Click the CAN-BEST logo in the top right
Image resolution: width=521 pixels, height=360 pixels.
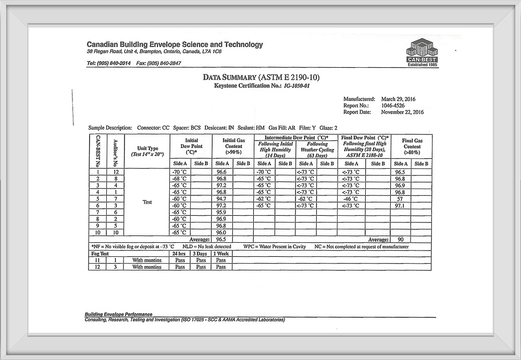point(422,52)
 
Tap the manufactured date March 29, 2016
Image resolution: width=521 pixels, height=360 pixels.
point(399,99)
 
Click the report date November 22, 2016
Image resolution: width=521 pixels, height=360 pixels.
point(402,112)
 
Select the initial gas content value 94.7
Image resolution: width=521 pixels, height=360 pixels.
point(222,198)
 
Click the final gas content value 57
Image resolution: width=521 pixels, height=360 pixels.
point(400,198)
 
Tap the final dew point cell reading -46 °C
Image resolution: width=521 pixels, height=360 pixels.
point(351,198)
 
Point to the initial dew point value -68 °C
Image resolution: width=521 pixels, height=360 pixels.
point(180,178)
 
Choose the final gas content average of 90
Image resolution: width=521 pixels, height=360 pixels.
point(400,240)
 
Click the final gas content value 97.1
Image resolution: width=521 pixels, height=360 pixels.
point(400,205)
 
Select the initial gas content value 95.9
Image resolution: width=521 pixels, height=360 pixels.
point(222,212)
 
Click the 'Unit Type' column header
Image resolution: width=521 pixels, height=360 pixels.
point(147,151)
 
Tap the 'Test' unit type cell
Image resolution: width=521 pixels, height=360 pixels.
point(147,202)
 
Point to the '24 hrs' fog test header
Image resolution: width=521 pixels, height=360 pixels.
point(180,254)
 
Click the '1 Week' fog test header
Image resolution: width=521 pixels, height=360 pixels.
point(221,254)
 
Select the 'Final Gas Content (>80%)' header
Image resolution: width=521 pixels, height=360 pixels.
point(411,146)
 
